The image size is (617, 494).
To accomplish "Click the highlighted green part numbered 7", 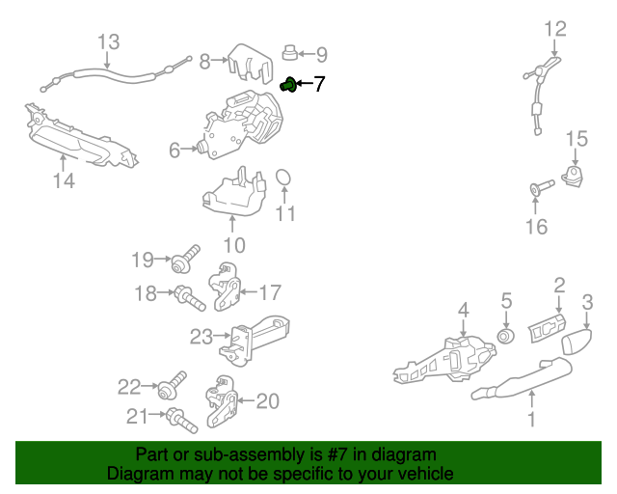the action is pyautogui.click(x=288, y=85).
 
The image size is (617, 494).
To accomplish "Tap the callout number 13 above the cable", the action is pyautogui.click(x=108, y=41).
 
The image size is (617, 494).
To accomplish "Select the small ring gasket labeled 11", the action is pyautogui.click(x=282, y=178).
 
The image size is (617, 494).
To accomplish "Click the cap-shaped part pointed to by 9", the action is pyautogui.click(x=290, y=53).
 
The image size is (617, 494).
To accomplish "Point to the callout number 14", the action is pyautogui.click(x=64, y=180).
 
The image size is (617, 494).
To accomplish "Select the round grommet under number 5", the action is pyautogui.click(x=506, y=336).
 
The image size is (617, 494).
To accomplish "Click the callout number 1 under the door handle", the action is pyautogui.click(x=531, y=419).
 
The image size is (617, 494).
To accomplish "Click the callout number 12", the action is pyautogui.click(x=555, y=29).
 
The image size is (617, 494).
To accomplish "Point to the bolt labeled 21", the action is pyautogui.click(x=181, y=421).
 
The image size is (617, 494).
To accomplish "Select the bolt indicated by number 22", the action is pyautogui.click(x=172, y=385).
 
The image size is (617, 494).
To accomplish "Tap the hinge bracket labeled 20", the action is pyautogui.click(x=222, y=401).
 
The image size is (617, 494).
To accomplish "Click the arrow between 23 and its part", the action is pyautogui.click(x=222, y=335).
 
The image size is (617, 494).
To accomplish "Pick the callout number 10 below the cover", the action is pyautogui.click(x=234, y=245).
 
